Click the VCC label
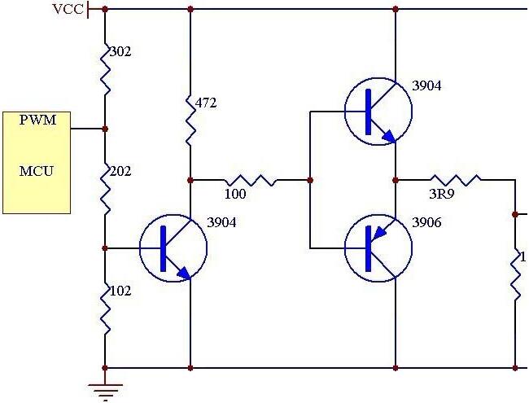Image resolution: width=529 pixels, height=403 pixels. pyautogui.click(x=68, y=9)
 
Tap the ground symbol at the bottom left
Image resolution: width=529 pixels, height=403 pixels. pyautogui.click(x=105, y=390)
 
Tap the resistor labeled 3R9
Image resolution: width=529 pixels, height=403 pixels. pyautogui.click(x=455, y=180)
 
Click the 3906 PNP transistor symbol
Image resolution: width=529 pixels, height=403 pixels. pyautogui.click(x=377, y=247)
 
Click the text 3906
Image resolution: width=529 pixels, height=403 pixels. pyautogui.click(x=426, y=222)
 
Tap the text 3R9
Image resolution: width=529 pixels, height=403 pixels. pyautogui.click(x=443, y=195)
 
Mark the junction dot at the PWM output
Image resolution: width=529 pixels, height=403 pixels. pyautogui.click(x=105, y=129)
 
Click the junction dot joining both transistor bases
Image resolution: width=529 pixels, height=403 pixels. pyautogui.click(x=310, y=180)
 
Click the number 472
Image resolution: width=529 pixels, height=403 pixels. pyautogui.click(x=206, y=103)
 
